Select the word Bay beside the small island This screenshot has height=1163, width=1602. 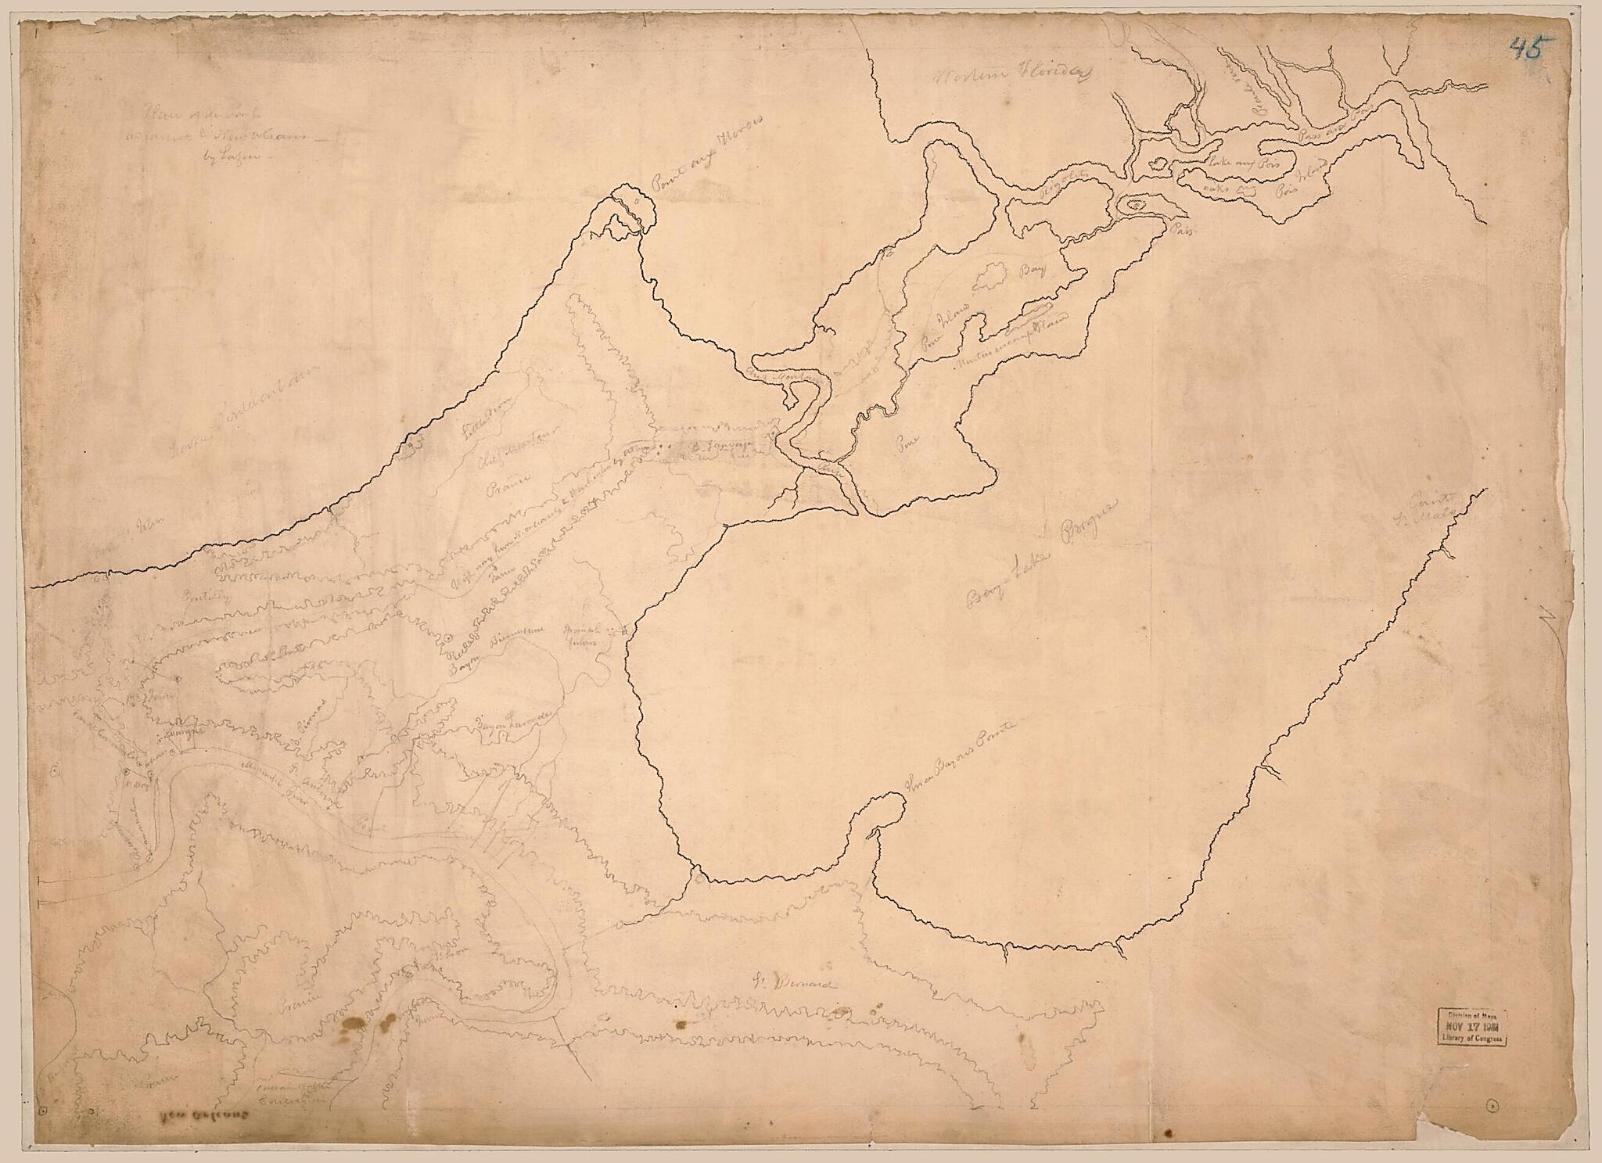(x=1034, y=274)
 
